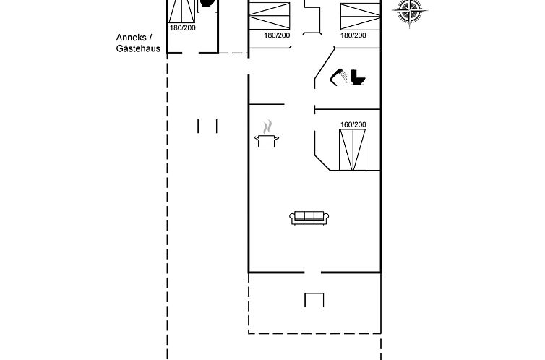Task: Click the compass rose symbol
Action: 409,11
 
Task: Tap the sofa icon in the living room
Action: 309,218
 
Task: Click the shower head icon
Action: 338,77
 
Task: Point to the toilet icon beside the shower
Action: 358,77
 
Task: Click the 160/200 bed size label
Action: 353,124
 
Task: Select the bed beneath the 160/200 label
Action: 353,150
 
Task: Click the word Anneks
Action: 131,38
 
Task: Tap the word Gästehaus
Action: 138,48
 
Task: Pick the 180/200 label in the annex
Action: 182,27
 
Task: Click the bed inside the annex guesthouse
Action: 182,11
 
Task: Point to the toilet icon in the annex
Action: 207,3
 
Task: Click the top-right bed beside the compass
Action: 361,17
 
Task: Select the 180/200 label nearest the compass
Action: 353,35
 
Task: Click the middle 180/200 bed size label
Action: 277,35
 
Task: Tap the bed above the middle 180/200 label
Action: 270,16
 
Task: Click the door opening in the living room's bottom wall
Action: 312,273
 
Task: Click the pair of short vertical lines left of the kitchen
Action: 207,126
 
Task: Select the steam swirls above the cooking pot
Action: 267,127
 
